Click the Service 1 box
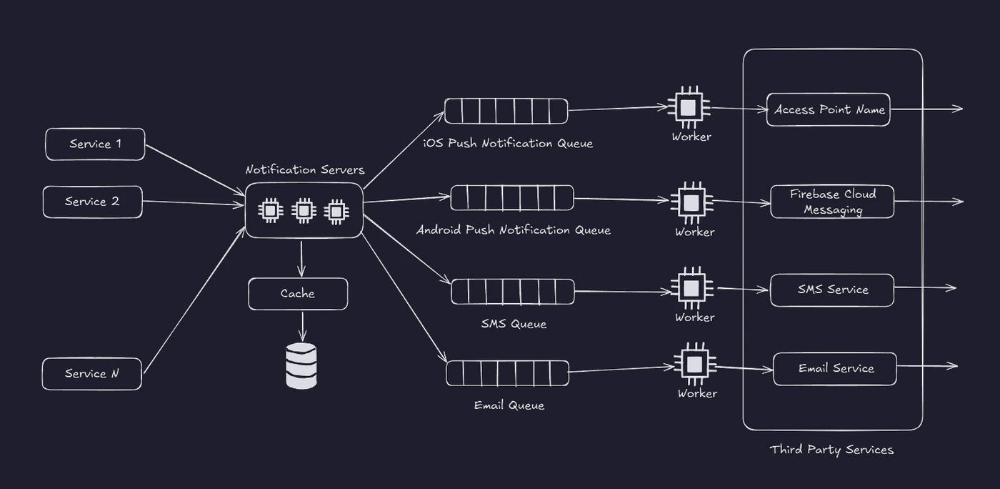[95, 144]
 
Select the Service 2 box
[93, 202]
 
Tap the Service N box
[92, 374]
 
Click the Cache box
[299, 294]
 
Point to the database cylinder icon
[301, 365]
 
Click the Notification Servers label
[305, 170]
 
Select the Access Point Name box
[829, 109]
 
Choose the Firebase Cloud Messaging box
[833, 202]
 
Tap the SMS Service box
[833, 290]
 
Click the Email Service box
[835, 369]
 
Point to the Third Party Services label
[831, 450]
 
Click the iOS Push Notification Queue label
[508, 143]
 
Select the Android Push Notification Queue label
[514, 229]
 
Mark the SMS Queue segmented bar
[513, 292]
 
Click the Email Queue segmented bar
[508, 373]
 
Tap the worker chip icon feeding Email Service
[694, 365]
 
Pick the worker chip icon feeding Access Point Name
[689, 107]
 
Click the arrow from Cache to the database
[303, 327]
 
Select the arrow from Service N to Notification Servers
[194, 300]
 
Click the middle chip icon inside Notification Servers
[304, 210]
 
